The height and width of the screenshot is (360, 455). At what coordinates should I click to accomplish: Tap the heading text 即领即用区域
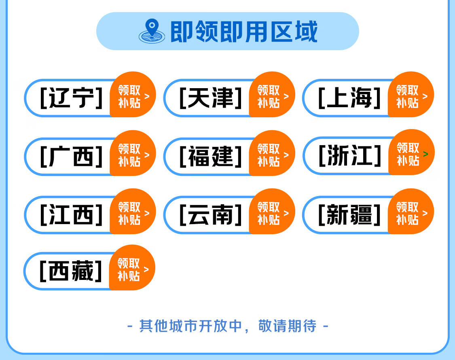(x=244, y=32)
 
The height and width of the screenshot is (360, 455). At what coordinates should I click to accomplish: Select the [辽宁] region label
(x=71, y=98)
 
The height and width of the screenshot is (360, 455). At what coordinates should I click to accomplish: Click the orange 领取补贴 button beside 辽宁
(x=133, y=95)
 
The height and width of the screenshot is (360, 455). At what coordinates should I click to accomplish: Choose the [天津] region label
(x=211, y=98)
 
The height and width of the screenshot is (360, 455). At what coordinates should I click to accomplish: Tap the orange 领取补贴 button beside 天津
(x=272, y=95)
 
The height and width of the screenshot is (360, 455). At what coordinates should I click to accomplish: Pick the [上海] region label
(x=349, y=98)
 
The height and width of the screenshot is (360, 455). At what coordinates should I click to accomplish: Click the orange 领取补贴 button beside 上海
(x=411, y=95)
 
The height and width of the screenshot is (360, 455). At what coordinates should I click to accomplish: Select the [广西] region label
(x=71, y=157)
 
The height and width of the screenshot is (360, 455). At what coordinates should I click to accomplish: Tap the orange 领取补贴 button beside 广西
(x=133, y=153)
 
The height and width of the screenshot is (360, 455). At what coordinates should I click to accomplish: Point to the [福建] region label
(x=211, y=157)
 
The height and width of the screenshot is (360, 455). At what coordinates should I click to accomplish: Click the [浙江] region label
(x=350, y=156)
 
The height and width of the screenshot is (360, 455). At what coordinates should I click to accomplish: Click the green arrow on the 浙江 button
(x=426, y=154)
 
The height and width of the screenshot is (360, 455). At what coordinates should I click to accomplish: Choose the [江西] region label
(x=71, y=214)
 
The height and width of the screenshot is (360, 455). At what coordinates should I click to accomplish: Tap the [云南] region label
(x=211, y=214)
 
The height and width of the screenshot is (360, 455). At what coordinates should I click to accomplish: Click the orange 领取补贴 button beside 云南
(x=272, y=212)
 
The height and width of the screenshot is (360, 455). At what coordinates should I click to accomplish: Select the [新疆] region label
(x=349, y=214)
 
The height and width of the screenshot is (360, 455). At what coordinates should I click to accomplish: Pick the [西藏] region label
(x=71, y=271)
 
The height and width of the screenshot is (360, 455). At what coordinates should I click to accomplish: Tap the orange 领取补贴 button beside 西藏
(x=132, y=268)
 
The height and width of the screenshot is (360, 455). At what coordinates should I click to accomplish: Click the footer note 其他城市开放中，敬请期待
(x=228, y=326)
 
